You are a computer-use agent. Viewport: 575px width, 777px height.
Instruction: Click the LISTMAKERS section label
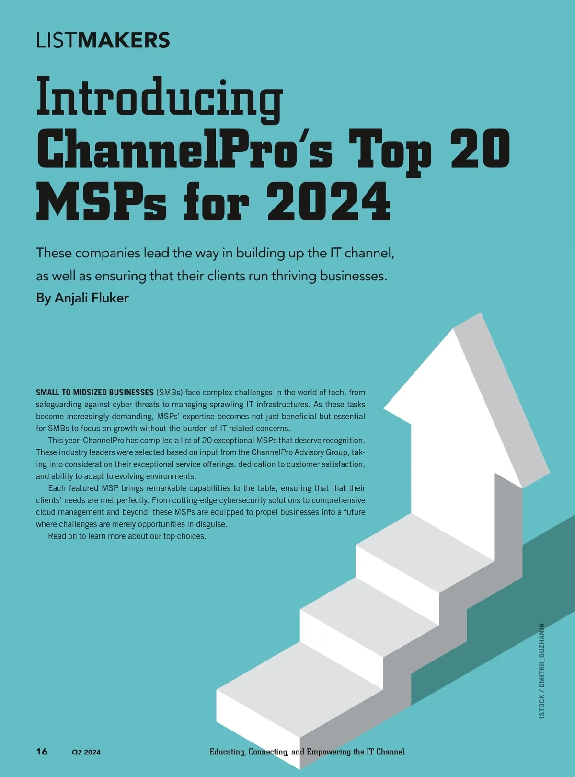[x=103, y=40]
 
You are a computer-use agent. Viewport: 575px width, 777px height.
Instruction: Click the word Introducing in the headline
[x=159, y=98]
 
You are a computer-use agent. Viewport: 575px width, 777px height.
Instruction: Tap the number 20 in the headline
[x=480, y=149]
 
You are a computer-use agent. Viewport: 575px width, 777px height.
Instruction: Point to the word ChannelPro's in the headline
[x=184, y=149]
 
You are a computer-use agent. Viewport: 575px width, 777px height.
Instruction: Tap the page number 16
[x=42, y=751]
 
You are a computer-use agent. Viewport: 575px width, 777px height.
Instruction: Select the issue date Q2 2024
[x=86, y=752]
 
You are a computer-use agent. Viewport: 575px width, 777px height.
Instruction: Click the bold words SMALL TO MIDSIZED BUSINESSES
[x=94, y=393]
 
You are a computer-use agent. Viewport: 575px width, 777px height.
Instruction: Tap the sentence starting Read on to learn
[x=127, y=536]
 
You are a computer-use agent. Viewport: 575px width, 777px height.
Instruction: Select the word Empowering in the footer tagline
[x=328, y=752]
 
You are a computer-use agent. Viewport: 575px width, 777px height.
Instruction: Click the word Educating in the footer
[x=227, y=752]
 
